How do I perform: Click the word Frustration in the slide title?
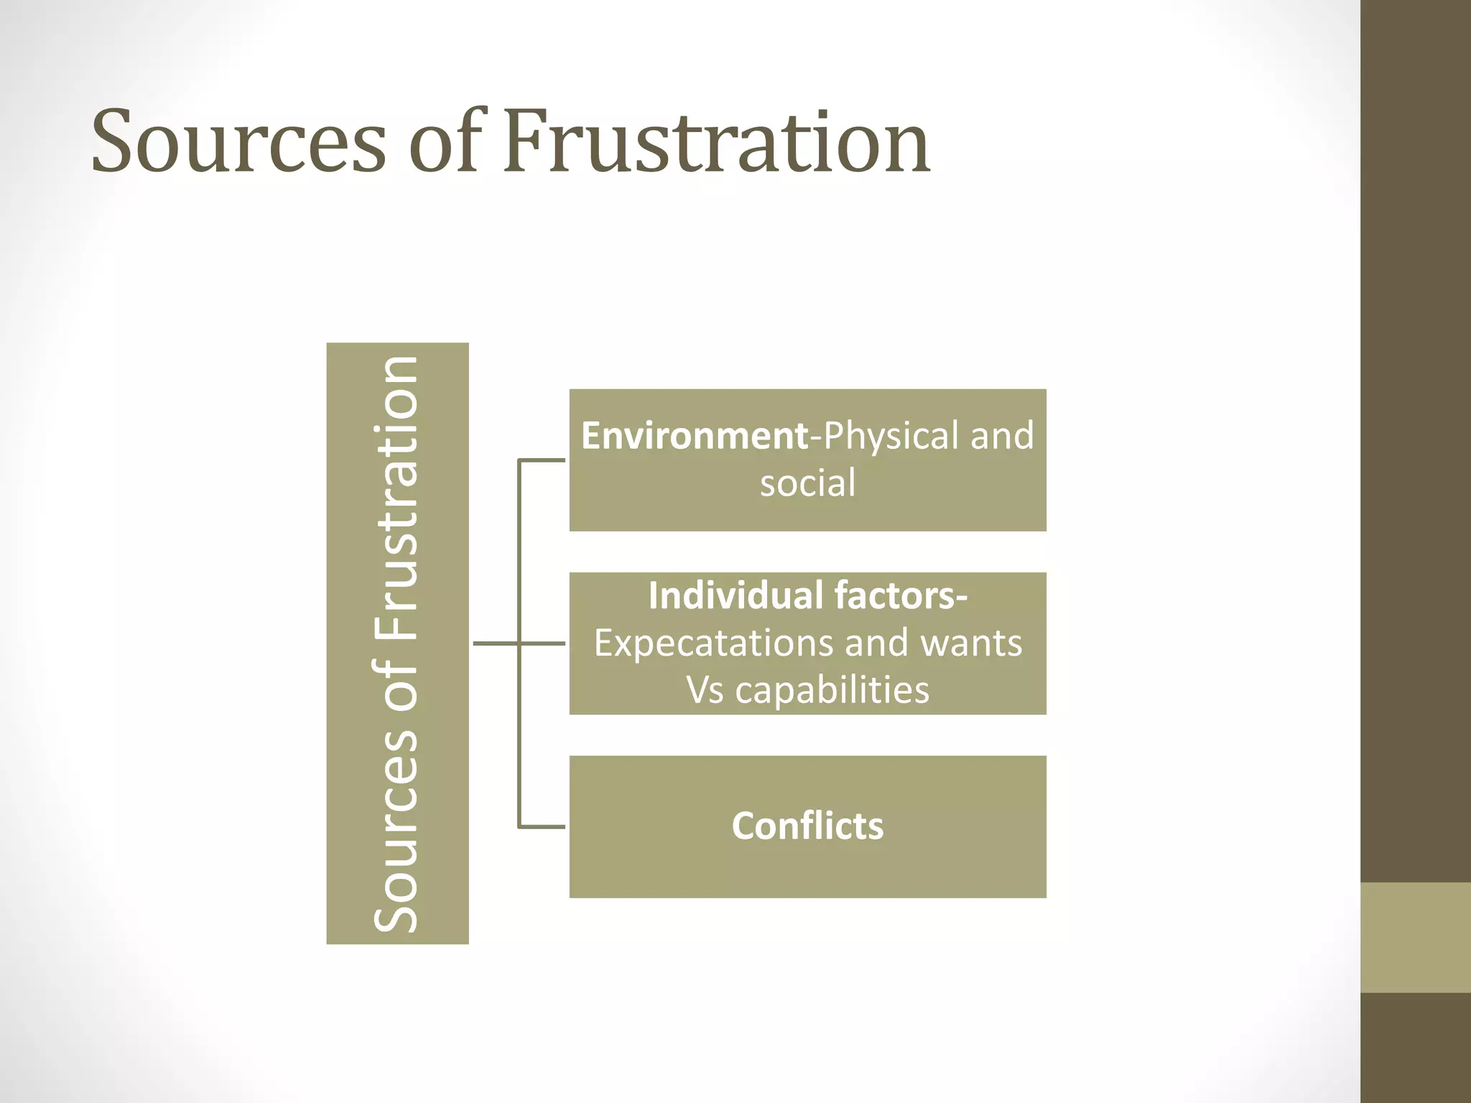pos(716,141)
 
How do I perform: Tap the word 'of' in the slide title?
pos(443,141)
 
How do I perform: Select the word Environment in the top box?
pos(695,436)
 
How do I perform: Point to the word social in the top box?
pos(807,483)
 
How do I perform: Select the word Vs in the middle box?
pos(705,690)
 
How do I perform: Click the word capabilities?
pos(832,690)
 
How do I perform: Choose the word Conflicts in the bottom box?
pos(807,826)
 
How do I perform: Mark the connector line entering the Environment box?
pos(542,460)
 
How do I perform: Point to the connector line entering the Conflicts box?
pos(542,827)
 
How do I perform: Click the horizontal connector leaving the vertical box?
pos(496,643)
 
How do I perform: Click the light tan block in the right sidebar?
pos(1415,937)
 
